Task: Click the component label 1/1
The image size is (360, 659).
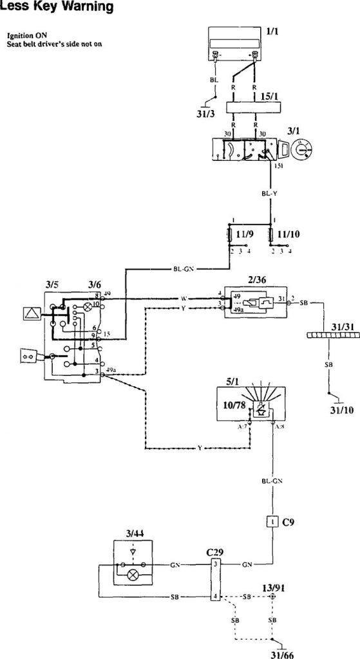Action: click(x=272, y=30)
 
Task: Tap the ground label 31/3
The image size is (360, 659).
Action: click(x=205, y=115)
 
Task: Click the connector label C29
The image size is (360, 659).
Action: click(x=214, y=552)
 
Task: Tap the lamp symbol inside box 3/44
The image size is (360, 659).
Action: click(x=133, y=573)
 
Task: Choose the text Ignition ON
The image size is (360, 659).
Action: click(x=24, y=35)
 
